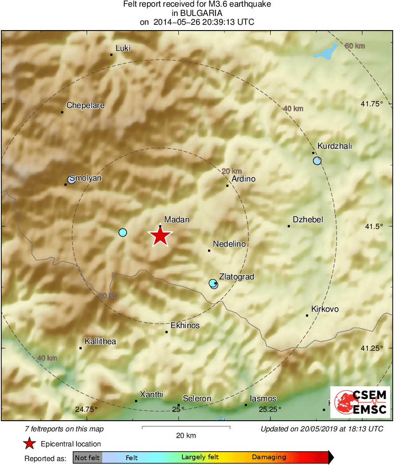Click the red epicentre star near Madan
tap(160, 236)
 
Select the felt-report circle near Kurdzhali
tap(317, 161)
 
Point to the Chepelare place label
tap(85, 105)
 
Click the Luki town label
tap(123, 48)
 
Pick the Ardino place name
tap(243, 179)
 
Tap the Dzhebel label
tap(308, 220)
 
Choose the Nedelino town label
tap(229, 244)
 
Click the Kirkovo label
tap(325, 309)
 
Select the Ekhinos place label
tap(185, 325)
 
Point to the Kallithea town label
tap(100, 341)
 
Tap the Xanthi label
tap(151, 394)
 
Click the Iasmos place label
tap(263, 399)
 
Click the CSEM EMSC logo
tap(360, 402)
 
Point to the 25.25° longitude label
tap(270, 409)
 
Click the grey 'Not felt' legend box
tap(87, 457)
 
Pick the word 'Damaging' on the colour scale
tap(269, 457)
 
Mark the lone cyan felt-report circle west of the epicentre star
tap(123, 232)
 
